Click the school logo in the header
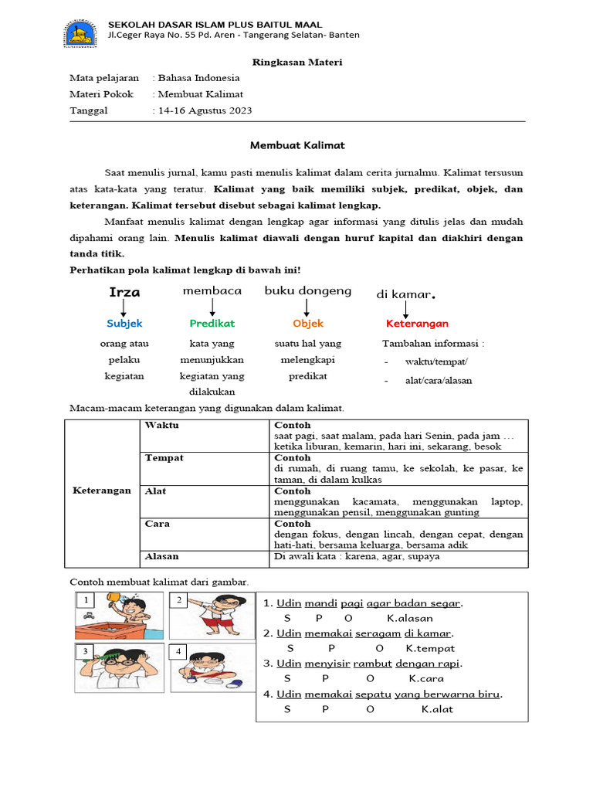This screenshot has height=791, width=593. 80,32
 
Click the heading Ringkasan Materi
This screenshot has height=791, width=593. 297,62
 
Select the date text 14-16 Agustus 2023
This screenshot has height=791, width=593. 205,110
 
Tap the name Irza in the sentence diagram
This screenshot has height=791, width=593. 125,293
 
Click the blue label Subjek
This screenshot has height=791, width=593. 124,324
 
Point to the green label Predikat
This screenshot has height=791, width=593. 212,324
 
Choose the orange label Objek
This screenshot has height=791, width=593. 308,324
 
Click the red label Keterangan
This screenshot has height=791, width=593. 417,324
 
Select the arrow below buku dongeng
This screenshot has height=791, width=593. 307,307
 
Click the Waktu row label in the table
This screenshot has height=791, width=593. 161,426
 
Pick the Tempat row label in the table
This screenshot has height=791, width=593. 164,458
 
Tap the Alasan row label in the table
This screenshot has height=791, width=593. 161,556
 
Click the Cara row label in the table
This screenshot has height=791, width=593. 158,524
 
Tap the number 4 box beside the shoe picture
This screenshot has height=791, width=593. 178,651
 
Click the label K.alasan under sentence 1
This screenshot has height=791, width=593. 410,618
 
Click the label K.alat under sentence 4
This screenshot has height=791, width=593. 437,709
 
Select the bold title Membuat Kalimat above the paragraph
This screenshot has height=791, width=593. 297,145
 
